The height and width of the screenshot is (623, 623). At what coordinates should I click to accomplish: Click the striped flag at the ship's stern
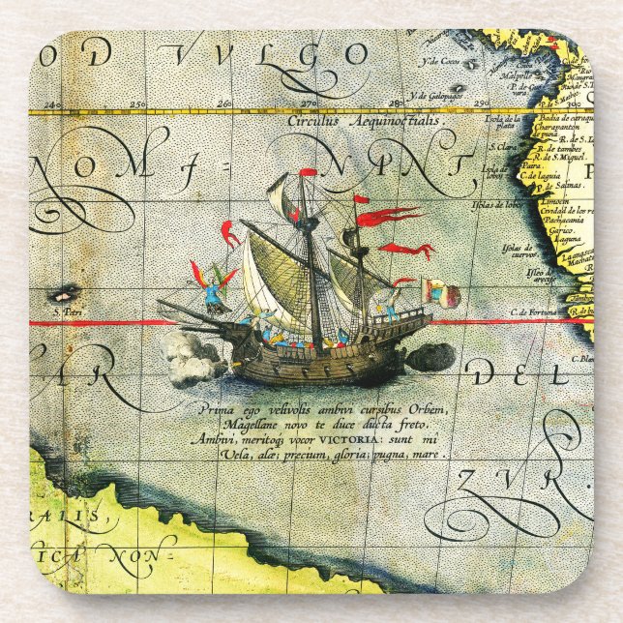(434, 289)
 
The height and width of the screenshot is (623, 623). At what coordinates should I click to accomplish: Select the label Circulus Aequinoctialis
(363, 123)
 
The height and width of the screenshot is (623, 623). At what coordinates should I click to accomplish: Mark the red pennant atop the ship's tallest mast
(309, 172)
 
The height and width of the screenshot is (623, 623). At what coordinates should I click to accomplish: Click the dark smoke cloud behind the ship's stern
(428, 356)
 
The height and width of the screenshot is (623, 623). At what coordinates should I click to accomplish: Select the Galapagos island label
(432, 96)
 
